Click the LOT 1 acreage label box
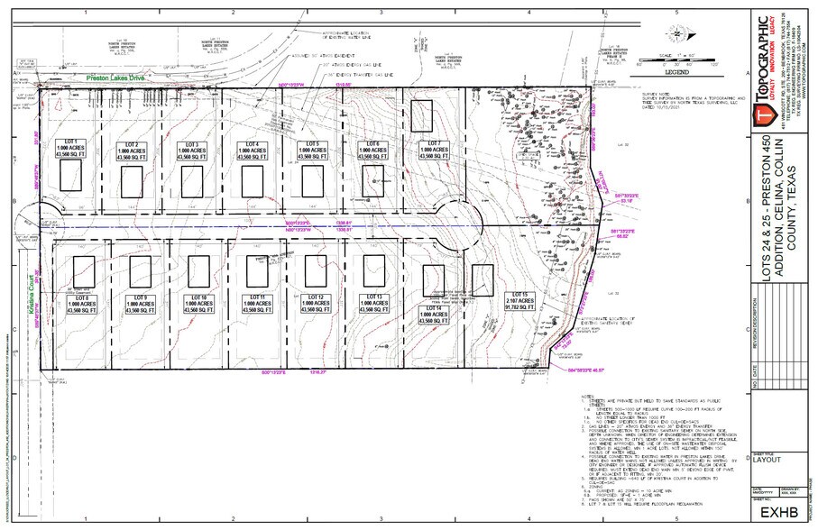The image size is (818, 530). pos(70,150)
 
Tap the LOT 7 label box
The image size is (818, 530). pos(433,150)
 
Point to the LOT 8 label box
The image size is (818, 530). pos(83,303)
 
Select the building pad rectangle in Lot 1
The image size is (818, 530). pos(70,176)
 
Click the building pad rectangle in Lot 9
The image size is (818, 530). pos(141,270)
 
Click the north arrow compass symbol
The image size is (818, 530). pos(676,34)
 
